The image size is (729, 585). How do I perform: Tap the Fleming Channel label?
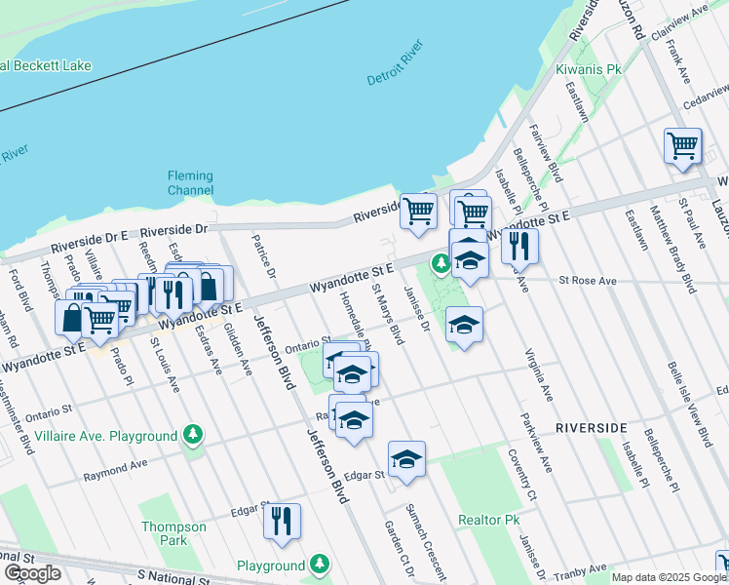(x=190, y=182)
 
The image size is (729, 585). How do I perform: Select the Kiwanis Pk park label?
(x=588, y=70)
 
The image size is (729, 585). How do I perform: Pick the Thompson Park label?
(x=174, y=533)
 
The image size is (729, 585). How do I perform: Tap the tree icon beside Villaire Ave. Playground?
(x=193, y=434)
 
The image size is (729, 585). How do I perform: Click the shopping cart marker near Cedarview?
(x=683, y=146)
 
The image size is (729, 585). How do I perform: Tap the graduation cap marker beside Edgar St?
(x=406, y=458)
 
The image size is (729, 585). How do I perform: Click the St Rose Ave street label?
(x=588, y=281)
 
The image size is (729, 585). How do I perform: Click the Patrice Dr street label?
(x=264, y=255)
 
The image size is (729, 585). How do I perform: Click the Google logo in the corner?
(x=32, y=573)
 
